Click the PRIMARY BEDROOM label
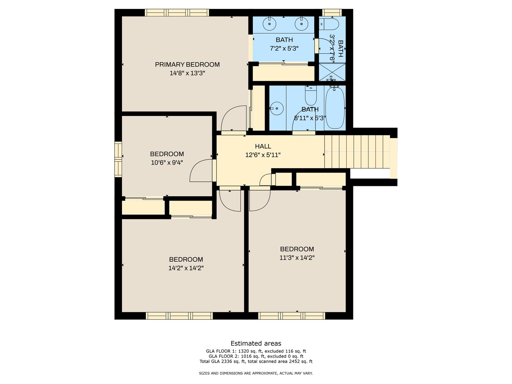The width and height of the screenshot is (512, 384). pos(187,65)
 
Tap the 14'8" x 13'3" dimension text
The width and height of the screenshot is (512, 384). pos(187,73)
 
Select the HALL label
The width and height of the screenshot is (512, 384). pos(263,146)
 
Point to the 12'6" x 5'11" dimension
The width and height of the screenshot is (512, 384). pos(263,155)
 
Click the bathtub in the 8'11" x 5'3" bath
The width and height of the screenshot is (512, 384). pos(335,107)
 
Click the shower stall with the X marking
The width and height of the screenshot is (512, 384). pos(332,72)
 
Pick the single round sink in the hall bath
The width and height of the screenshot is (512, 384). pos(277,108)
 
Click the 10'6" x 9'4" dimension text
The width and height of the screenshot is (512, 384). pos(167,162)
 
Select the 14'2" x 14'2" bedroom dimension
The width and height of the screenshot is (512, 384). pos(186,268)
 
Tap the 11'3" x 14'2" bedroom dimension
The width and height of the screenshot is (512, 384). pos(297,258)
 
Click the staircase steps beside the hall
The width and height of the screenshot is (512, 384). pos(357,151)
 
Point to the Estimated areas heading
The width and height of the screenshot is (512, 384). pos(256,343)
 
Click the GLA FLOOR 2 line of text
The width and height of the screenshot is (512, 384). pos(256,356)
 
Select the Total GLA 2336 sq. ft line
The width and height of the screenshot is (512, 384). pos(256,362)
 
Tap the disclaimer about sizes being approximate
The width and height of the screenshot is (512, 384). pos(256,373)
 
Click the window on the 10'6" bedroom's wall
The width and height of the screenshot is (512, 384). pos(118,159)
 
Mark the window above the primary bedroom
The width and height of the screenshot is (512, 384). pos(177,12)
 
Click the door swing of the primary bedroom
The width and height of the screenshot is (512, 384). pos(234,118)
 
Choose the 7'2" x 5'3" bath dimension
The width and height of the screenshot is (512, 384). pos(284,48)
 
